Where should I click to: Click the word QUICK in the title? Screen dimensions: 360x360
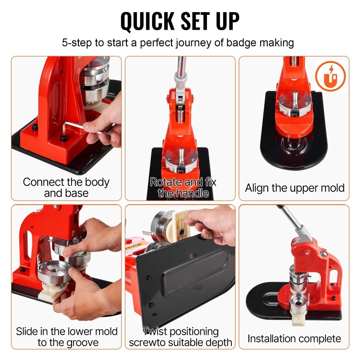coord(148,21)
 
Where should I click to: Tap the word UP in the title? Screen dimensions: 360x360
coord(227,21)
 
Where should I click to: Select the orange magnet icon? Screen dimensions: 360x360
coord(330,76)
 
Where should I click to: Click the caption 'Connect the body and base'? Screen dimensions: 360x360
coord(66,187)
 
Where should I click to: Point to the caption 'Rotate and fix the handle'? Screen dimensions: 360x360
coord(183,187)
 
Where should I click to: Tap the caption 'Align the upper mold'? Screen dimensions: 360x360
coord(295,188)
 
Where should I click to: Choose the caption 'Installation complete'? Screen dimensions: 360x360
coord(294,338)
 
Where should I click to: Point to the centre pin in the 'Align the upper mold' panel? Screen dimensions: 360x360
coord(295,99)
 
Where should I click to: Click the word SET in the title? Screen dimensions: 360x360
coord(195,21)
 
